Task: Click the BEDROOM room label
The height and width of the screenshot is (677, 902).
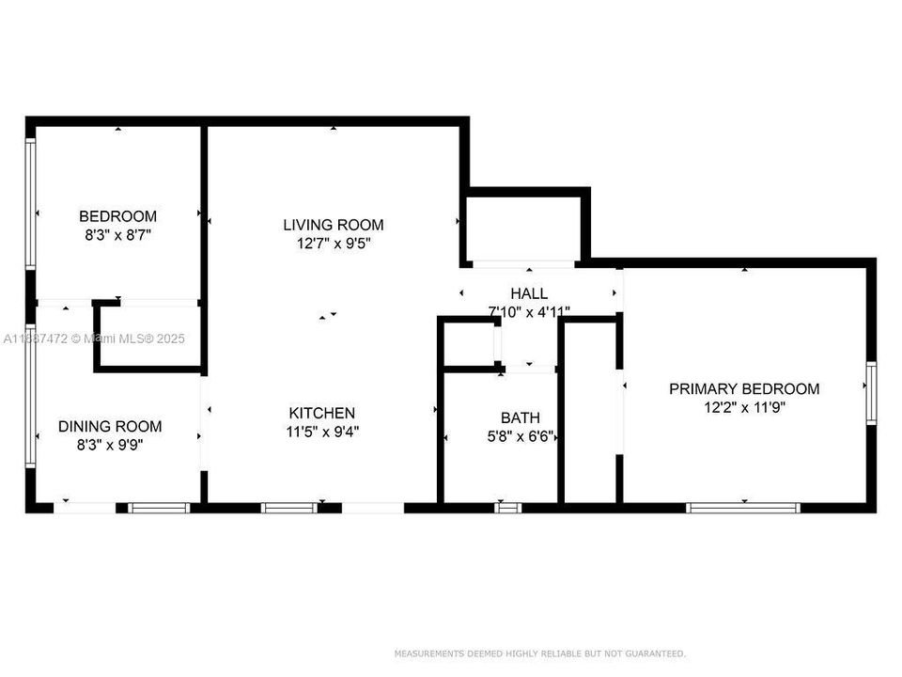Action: click(x=117, y=216)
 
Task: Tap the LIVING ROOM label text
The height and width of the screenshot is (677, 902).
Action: click(x=334, y=225)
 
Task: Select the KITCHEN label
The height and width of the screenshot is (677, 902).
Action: click(x=322, y=414)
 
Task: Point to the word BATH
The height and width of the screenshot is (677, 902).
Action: click(x=520, y=417)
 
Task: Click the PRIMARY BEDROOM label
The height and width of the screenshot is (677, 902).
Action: click(x=743, y=389)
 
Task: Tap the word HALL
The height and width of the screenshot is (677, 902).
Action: click(x=529, y=294)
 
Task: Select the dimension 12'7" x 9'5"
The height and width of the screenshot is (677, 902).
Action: click(x=334, y=244)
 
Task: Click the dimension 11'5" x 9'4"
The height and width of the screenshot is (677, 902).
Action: click(x=322, y=433)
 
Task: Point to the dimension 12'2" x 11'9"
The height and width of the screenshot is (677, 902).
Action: click(x=743, y=408)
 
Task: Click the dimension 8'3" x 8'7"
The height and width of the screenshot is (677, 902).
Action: click(x=117, y=235)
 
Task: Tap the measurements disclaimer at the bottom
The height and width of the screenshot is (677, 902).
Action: click(x=539, y=653)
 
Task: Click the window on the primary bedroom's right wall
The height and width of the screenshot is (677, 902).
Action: click(x=871, y=393)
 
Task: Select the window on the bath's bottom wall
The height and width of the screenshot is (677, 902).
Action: click(x=508, y=508)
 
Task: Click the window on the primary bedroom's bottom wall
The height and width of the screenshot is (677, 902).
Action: click(x=742, y=508)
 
